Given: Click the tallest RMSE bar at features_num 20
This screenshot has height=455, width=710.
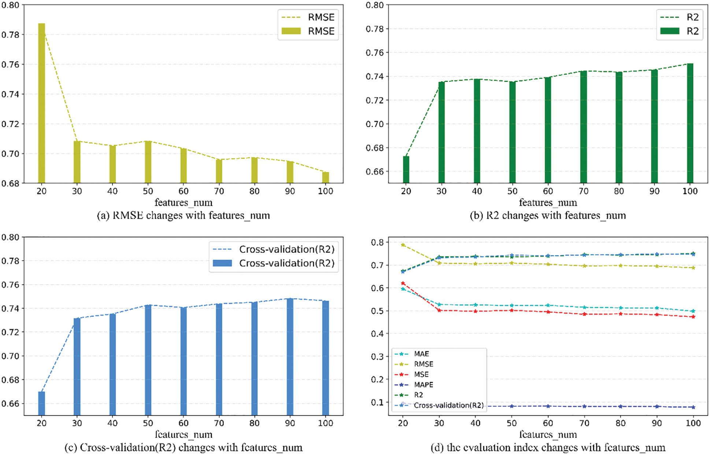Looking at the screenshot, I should tap(41, 102).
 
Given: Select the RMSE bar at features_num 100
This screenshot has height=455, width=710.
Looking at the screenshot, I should tap(325, 178).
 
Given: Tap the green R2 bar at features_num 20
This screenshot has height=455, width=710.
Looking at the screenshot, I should tap(406, 169).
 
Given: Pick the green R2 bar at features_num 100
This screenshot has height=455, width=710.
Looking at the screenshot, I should tap(690, 123).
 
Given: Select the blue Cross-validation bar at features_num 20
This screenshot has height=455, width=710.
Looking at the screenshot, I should tap(41, 403).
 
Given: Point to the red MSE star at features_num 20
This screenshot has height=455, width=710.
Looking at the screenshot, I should tap(403, 283).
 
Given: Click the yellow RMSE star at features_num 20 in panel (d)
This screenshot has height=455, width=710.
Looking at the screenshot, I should tap(403, 245).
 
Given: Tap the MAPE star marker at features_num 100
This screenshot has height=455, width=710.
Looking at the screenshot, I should tap(693, 407).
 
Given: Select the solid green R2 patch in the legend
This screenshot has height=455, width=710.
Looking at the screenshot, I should tap(670, 31).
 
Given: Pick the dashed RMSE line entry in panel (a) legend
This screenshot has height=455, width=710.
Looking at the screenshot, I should tap(291, 17).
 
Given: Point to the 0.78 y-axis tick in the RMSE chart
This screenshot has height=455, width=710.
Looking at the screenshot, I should tap(10, 35).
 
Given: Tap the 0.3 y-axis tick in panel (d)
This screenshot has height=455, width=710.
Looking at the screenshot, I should tap(378, 357).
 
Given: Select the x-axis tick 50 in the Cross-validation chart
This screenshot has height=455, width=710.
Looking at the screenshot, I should tap(148, 423).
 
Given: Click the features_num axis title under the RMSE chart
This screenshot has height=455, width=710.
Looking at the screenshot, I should tap(183, 202).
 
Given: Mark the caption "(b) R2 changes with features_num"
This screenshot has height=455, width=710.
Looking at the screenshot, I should tap(548, 215).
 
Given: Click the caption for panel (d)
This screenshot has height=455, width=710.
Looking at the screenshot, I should tap(548, 447).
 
